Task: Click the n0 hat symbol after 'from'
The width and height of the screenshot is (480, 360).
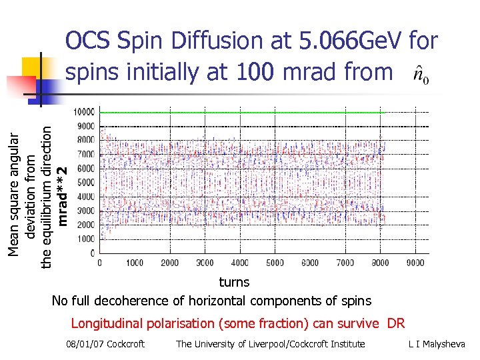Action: (x=421, y=72)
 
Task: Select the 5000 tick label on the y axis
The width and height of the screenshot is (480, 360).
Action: (x=85, y=183)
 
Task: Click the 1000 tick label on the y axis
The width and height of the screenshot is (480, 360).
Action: (x=85, y=239)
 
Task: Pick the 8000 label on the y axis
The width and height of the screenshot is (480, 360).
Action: (x=85, y=140)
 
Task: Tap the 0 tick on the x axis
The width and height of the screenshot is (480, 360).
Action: (x=100, y=263)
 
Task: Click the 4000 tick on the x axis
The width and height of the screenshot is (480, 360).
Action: (x=240, y=263)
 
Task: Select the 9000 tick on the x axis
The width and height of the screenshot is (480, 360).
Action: (x=415, y=263)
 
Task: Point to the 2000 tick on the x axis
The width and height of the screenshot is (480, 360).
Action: (x=170, y=263)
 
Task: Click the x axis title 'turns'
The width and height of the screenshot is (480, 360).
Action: (x=234, y=282)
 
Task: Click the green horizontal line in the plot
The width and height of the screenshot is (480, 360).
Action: (x=240, y=113)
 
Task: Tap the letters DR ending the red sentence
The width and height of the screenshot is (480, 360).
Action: (x=396, y=324)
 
